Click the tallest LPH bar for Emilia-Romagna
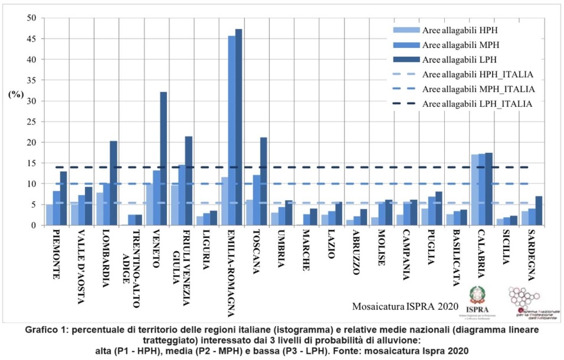point(238,127)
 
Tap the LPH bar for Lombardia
point(113,183)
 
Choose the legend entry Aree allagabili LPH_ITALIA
point(478,104)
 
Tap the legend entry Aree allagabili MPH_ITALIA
point(478,89)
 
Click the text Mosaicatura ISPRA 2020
point(404,306)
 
